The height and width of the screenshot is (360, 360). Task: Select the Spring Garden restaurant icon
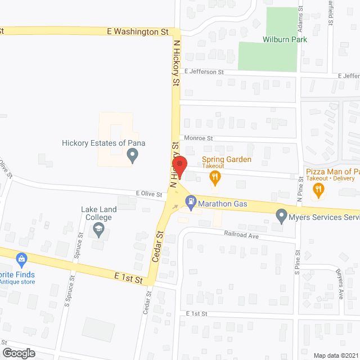coord(214,178)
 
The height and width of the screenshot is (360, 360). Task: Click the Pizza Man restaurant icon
coord(319,190)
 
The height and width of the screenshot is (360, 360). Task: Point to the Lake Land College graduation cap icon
coord(99,228)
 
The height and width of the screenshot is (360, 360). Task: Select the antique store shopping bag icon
coord(22,259)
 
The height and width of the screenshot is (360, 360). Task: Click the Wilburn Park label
coord(280,39)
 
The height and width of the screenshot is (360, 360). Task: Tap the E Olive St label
coord(148,194)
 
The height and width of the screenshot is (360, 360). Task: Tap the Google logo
coord(19,353)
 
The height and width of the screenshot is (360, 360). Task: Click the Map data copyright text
coord(335,355)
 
